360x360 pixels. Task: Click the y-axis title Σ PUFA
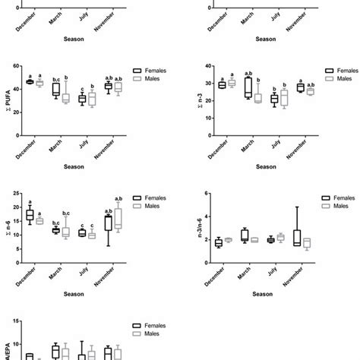(x=7, y=95)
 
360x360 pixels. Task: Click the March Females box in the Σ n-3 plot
(x=248, y=87)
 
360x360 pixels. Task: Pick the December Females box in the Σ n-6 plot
(x=30, y=215)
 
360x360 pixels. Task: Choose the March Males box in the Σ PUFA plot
(x=65, y=98)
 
